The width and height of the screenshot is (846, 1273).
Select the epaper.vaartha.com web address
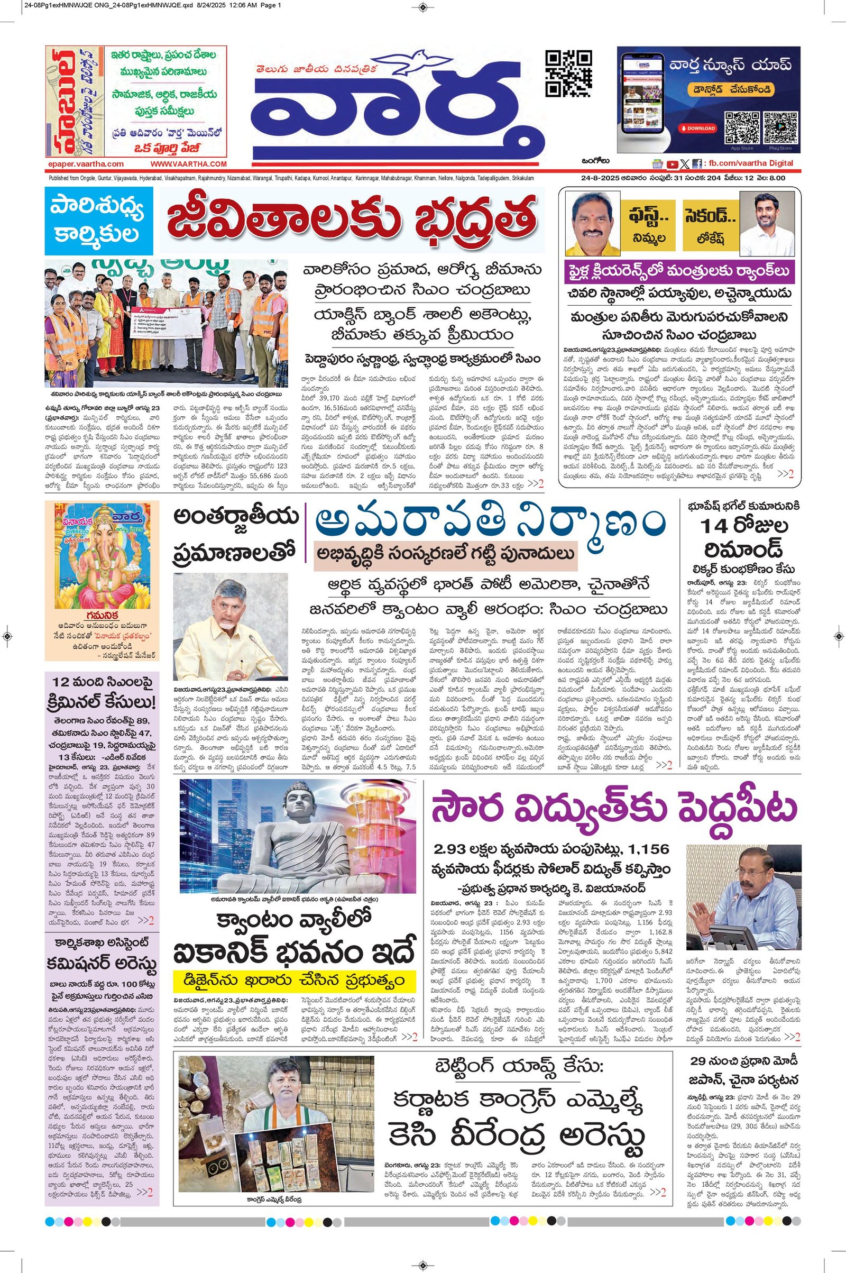[x=85, y=164]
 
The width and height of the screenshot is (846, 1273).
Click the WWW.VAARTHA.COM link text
[x=188, y=164]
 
